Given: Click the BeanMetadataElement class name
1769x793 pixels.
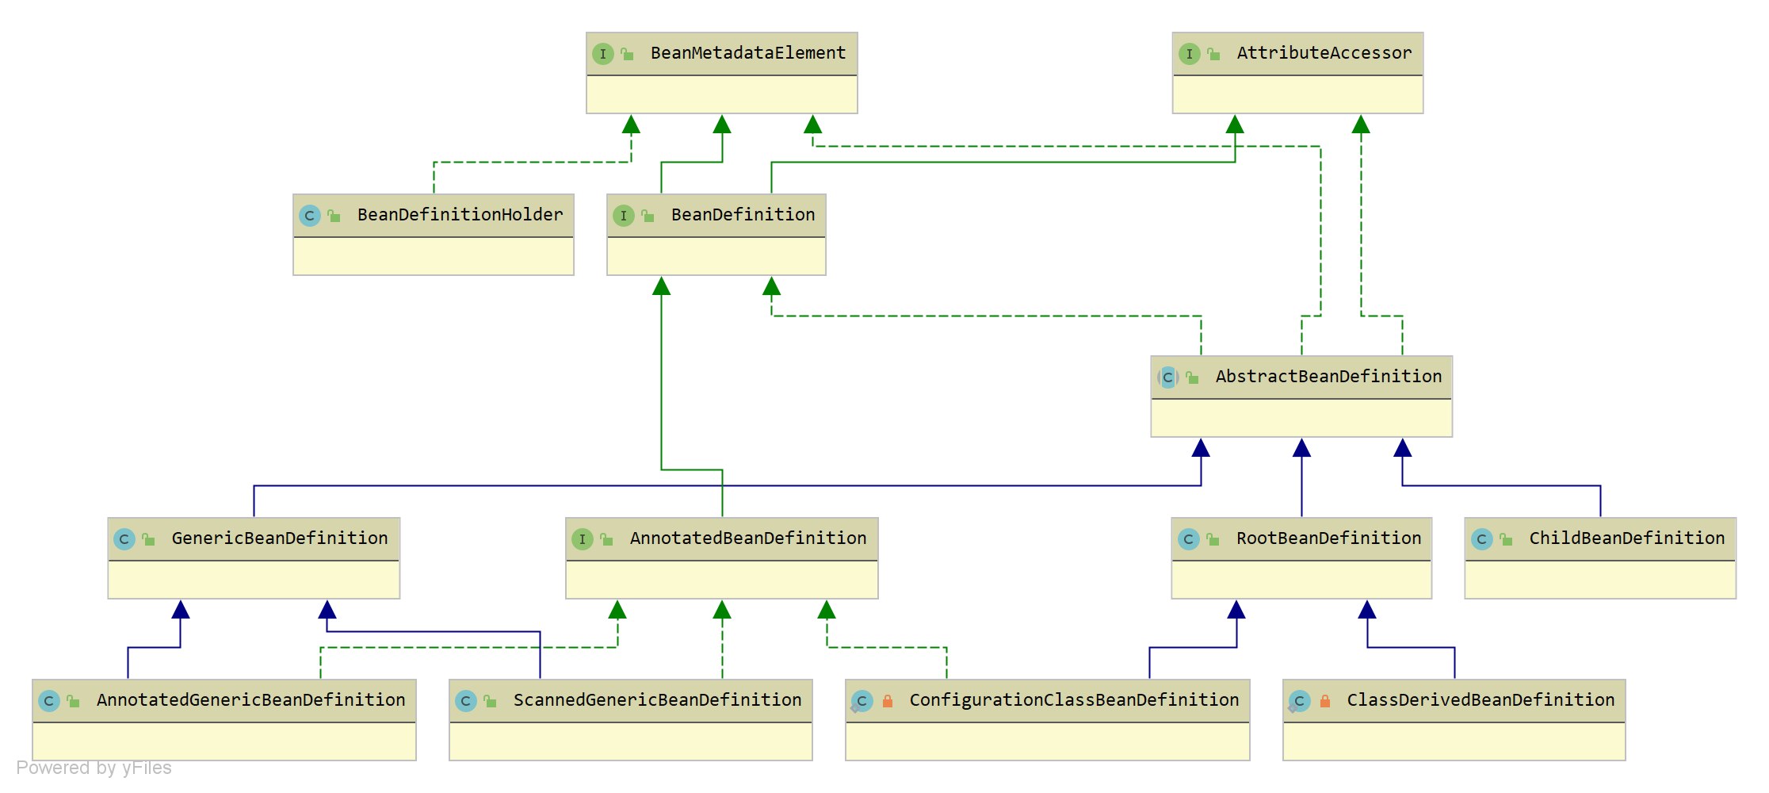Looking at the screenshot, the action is (x=748, y=53).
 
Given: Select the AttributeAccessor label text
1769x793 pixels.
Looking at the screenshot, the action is (x=1324, y=53).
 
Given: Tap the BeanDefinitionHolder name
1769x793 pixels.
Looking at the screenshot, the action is (x=460, y=215).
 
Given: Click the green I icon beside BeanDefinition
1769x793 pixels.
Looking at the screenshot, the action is (x=624, y=215).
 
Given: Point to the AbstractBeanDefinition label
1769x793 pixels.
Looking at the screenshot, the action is (x=1329, y=377).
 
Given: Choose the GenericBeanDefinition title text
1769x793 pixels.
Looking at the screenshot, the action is (x=280, y=538).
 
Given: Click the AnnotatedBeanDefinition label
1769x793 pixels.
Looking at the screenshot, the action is (x=748, y=538).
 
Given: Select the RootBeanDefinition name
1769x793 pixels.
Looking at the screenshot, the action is (x=1329, y=538).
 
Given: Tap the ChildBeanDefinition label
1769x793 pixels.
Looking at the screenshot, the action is (x=1627, y=538).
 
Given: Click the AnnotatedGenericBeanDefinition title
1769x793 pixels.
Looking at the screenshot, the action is (x=251, y=700).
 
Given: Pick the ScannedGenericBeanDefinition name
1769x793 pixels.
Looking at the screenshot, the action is (x=658, y=700).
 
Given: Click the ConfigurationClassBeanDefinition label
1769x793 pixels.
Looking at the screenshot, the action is (x=1074, y=700).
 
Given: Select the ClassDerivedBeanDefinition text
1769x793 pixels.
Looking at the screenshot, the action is (x=1481, y=700).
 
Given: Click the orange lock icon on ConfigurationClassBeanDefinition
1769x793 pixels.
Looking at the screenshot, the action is (x=888, y=701).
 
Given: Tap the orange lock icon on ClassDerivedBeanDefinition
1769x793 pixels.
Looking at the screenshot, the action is (x=1325, y=701).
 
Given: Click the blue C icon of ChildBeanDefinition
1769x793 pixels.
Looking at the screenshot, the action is (x=1481, y=539).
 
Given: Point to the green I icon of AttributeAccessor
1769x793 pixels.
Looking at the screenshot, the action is (x=1190, y=54).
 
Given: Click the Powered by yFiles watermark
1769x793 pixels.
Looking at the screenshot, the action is (x=94, y=768).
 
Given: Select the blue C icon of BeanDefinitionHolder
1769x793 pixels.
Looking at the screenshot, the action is (x=310, y=216).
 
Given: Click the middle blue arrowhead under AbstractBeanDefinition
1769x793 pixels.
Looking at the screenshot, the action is (x=1301, y=448).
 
